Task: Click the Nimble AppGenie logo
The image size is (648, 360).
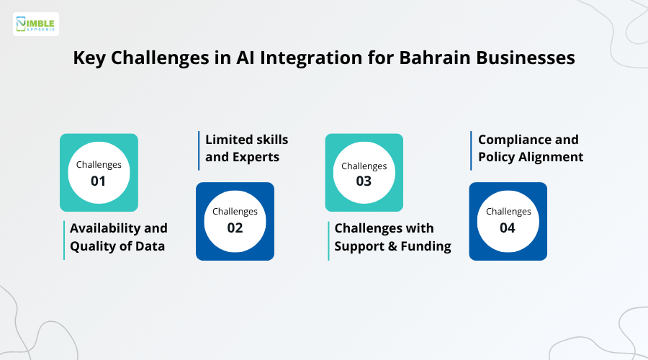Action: point(36,24)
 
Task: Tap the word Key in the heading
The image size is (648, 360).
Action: point(92,58)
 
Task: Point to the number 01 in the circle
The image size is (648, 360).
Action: point(99,181)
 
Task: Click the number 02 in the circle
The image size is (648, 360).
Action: point(235,228)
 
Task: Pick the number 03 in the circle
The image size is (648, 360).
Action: point(364,181)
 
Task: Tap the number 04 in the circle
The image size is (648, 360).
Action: point(508,228)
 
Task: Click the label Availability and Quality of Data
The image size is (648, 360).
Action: point(118,237)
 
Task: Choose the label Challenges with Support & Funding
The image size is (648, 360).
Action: point(392,237)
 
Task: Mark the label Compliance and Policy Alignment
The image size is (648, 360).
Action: point(530,148)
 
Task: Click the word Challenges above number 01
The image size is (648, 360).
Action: point(99,165)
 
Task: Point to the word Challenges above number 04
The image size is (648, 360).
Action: point(508,212)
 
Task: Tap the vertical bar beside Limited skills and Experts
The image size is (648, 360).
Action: point(199,150)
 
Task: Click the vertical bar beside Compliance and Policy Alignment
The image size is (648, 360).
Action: point(471,150)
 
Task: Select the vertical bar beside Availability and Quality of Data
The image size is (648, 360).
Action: point(63,239)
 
